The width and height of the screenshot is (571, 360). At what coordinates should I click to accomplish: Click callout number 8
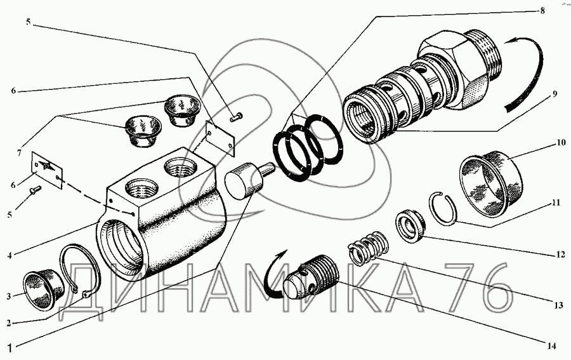point(542,11)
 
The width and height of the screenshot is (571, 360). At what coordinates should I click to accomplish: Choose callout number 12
point(560,255)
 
